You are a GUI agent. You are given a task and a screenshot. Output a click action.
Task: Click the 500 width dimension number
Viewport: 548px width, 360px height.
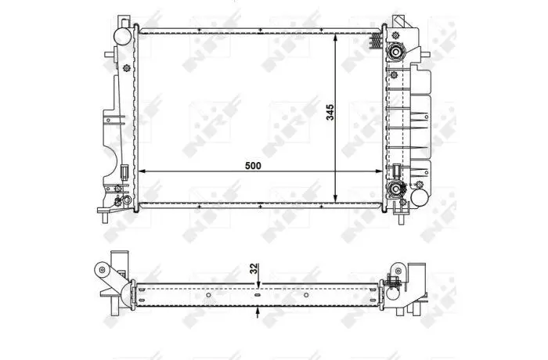pos(253,166)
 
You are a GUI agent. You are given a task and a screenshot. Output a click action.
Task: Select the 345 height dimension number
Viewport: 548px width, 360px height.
pos(330,112)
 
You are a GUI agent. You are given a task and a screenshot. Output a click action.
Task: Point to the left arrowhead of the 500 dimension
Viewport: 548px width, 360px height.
pos(142,171)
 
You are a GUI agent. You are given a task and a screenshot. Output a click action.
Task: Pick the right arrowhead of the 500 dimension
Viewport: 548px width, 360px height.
pos(378,171)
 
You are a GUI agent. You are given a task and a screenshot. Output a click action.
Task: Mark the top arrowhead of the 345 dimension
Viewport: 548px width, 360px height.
pos(336,38)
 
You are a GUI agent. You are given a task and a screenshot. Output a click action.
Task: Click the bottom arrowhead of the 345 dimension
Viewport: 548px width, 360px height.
pos(336,198)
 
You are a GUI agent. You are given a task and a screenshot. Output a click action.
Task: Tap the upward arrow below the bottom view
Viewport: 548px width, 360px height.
pos(258,312)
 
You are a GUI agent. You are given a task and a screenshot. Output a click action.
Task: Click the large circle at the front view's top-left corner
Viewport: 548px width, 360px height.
pos(123,36)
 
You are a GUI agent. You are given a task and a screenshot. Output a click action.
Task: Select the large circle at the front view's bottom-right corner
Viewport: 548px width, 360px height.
pos(420,197)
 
